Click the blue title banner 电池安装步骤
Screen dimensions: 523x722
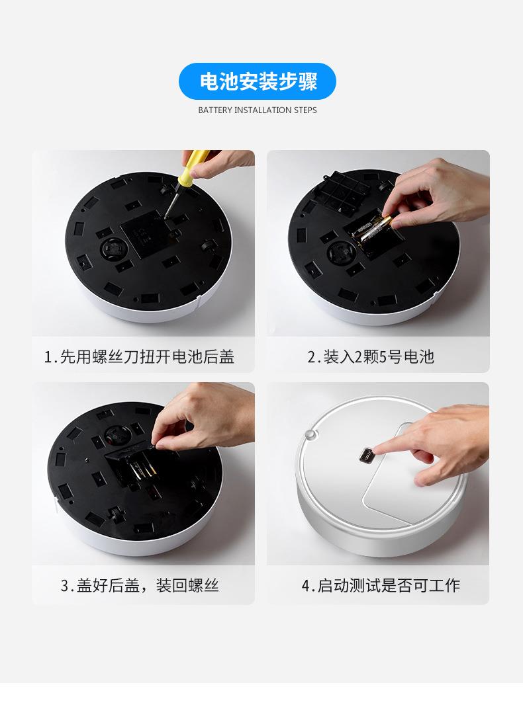click(x=258, y=81)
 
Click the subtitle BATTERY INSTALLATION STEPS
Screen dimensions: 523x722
click(x=258, y=110)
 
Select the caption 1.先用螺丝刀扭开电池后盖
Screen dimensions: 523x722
click(x=139, y=356)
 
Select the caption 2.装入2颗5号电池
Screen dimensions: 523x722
click(x=371, y=356)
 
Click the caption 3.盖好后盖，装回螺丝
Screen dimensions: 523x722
click(x=140, y=585)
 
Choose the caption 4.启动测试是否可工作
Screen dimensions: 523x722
click(x=381, y=585)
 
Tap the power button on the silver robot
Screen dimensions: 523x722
click(x=368, y=456)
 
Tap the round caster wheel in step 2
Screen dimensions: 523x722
click(x=342, y=251)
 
